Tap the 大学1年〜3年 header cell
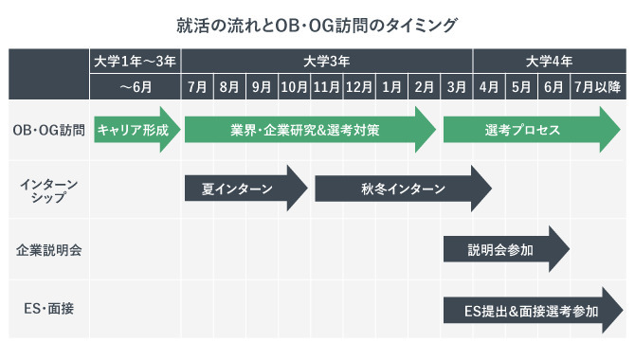pos(136,62)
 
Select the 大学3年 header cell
pos(327,62)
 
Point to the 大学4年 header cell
pos(549,62)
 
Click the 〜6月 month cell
pos(136,87)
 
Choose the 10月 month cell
pos(294,87)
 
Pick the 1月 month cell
pos(390,87)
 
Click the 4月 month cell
pos(489,87)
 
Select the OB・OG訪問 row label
pos(49,130)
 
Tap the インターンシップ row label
pos(49,189)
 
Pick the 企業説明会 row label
pos(49,250)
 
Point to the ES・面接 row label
pos(49,310)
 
